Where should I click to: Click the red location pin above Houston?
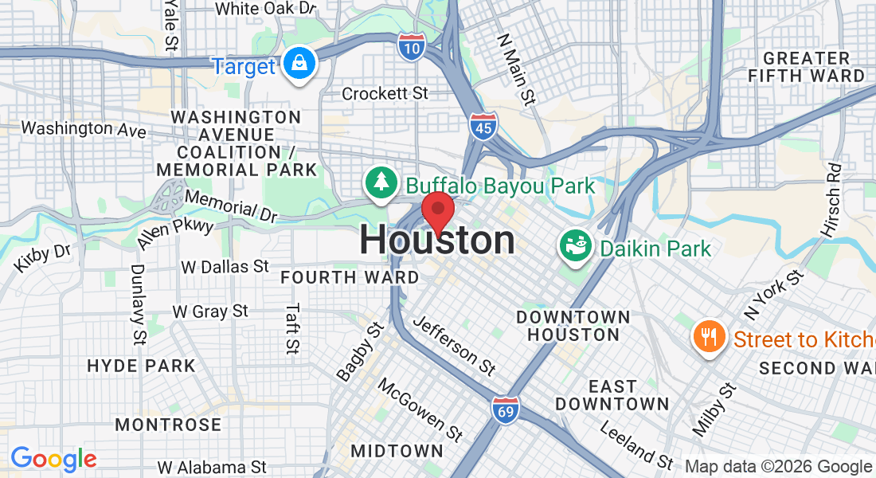437,211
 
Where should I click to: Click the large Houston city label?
437,241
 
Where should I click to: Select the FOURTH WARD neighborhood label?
350,278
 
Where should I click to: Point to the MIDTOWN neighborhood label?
397,451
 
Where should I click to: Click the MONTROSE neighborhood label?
168,425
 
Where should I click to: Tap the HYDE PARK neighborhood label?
141,366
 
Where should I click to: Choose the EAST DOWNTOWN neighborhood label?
612,395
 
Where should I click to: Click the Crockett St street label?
385,94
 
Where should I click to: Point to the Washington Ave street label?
84,128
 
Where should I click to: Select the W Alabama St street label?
211,467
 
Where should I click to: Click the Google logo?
53,459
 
